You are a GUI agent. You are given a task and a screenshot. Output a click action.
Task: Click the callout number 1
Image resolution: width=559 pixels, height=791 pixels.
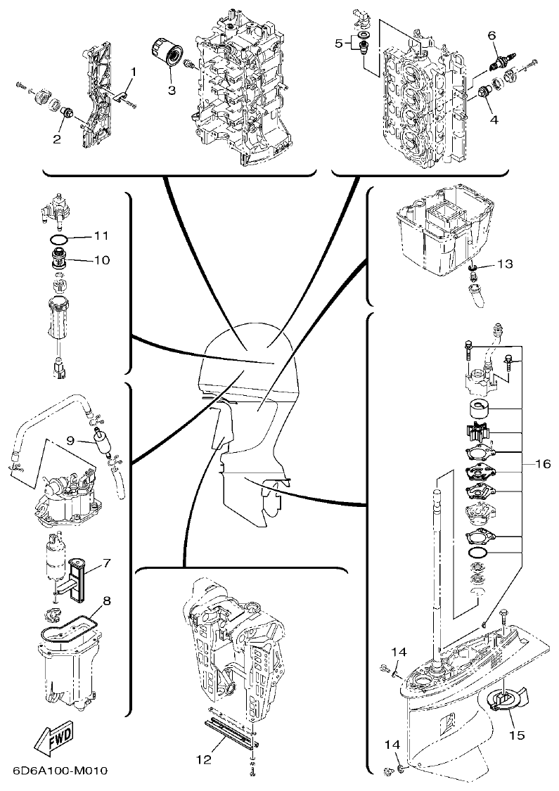click(134, 71)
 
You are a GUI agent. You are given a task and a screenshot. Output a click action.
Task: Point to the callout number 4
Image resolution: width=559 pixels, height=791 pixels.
click(494, 120)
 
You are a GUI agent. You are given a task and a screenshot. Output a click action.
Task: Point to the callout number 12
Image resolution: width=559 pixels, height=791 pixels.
click(203, 759)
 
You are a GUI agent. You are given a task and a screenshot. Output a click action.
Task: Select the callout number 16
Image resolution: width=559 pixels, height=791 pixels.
click(542, 463)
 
